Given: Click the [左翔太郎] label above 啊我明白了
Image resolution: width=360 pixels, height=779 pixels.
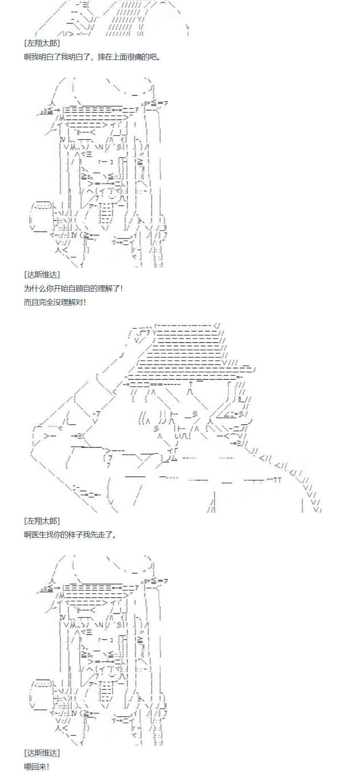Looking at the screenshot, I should (42, 43).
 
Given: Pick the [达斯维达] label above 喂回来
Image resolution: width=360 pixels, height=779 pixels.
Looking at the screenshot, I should (42, 753).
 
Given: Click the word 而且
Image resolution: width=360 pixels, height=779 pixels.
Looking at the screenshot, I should (31, 302).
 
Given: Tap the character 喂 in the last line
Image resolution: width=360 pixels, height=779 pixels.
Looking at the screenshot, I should (28, 766).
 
